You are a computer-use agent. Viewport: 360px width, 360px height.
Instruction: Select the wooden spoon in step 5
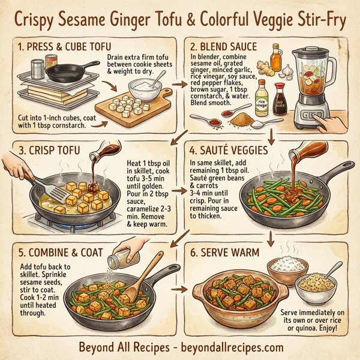[142, 276]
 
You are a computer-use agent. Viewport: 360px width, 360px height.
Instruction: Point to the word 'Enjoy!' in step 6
[329, 329]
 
